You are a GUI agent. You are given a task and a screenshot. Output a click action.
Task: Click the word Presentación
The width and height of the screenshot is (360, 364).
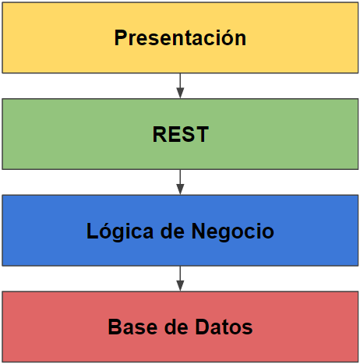coord(180,38)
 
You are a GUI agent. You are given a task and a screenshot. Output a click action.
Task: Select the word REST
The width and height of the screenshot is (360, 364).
coord(181,134)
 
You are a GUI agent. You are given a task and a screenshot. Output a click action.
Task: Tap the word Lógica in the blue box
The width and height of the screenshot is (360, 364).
coord(120,231)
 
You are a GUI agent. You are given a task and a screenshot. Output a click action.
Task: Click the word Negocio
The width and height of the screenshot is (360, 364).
coord(232,231)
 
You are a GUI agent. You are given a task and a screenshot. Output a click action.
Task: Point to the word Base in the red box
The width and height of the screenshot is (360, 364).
coord(132,327)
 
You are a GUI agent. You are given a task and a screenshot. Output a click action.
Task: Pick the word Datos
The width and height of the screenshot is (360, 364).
coord(224,327)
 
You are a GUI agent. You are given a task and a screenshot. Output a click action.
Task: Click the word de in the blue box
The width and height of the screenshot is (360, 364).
coord(172,231)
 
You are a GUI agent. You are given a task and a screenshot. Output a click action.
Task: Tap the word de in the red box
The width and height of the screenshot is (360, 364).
coord(176,327)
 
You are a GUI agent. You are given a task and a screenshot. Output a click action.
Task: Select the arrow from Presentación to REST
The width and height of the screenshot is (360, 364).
coord(180,86)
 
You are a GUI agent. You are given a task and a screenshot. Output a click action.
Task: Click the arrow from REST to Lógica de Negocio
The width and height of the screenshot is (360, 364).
coord(180,182)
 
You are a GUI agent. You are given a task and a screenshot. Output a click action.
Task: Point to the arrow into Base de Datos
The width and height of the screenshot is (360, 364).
coord(180,278)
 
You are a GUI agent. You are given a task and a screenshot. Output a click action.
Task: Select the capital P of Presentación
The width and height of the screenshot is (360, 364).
coord(122,38)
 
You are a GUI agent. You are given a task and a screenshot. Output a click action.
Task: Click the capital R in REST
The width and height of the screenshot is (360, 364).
coord(160,134)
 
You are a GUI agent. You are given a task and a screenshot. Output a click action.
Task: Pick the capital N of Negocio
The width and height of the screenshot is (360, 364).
coord(199,231)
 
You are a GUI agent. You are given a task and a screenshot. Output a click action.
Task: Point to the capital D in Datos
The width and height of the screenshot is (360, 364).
coord(203,327)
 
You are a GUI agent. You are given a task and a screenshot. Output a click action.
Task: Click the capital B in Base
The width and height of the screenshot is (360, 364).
coord(115,327)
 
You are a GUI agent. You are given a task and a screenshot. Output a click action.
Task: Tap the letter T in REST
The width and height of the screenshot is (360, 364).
coord(202,134)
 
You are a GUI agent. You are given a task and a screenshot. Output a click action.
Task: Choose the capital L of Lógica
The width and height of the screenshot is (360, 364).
coord(91,231)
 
